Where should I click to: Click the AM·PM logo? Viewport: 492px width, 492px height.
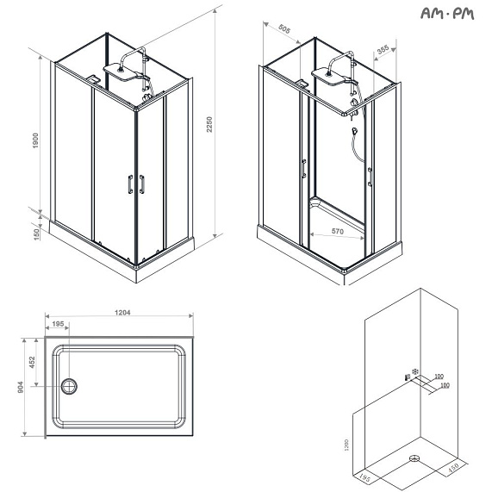447,14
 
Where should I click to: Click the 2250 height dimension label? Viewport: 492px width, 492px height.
209,124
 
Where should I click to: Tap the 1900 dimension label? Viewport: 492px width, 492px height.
35,141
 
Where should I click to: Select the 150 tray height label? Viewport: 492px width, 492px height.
37,234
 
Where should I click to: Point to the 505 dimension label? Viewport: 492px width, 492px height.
284,29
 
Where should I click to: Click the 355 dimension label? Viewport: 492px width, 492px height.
383,49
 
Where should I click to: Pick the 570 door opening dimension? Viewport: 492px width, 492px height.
338,231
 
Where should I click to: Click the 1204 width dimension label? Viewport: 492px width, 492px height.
122,313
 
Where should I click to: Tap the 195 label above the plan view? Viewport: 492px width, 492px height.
58,324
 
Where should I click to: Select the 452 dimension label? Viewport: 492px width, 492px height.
32,363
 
